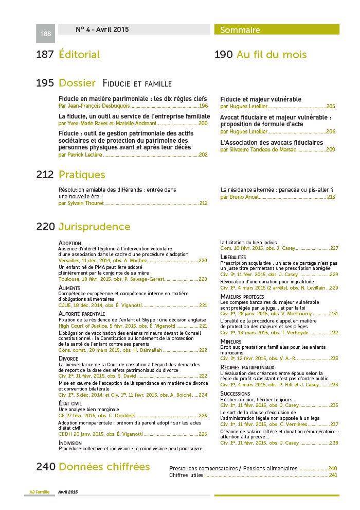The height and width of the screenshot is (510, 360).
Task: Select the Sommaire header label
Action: point(240,30)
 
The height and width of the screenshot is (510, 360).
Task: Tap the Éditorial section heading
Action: point(79,55)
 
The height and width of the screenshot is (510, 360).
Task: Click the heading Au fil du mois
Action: point(272,55)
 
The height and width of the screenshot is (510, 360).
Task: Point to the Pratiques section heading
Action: point(82,175)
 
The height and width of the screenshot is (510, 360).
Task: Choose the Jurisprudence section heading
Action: point(94,227)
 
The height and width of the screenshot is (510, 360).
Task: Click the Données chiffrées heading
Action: point(104,467)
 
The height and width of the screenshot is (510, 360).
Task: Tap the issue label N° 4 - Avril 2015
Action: point(102,29)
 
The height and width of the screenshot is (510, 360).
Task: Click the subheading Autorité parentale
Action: point(82,313)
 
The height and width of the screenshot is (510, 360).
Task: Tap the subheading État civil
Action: point(70,403)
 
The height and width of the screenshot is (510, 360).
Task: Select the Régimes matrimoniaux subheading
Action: point(247,367)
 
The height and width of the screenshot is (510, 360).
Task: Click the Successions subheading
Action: point(235,394)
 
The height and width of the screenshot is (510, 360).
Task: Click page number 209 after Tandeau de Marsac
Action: point(331,149)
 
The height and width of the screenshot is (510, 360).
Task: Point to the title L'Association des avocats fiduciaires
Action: point(271,142)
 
